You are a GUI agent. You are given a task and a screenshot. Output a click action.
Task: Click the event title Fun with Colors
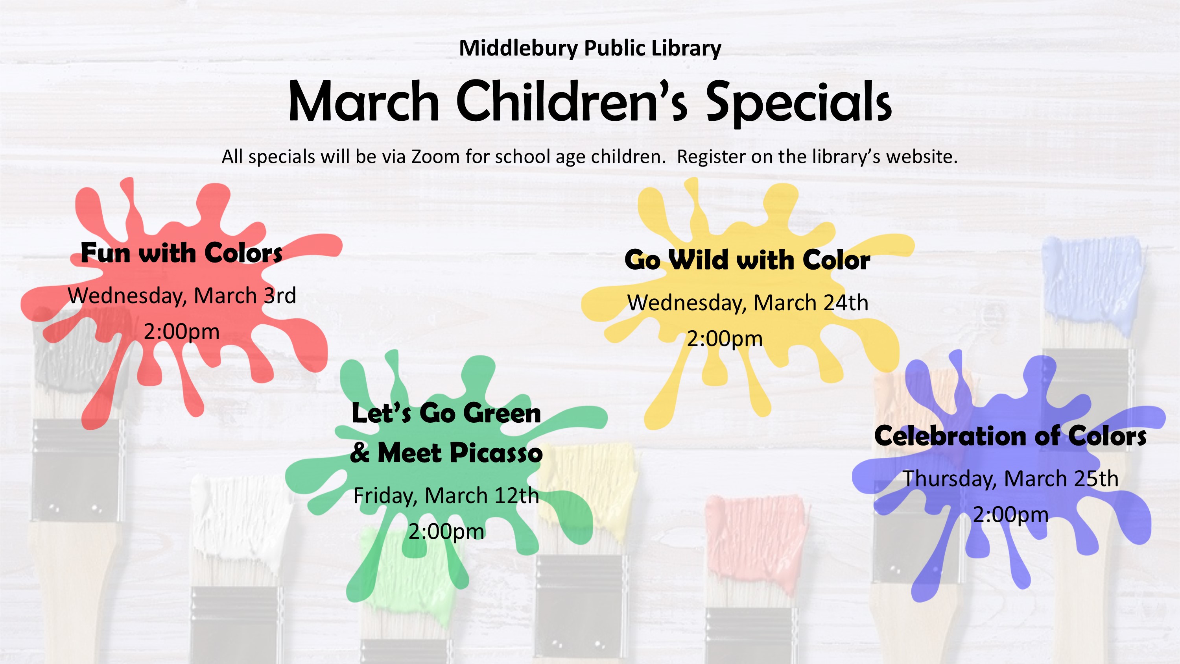tap(181, 253)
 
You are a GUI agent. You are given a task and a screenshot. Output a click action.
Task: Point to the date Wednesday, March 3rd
tap(182, 296)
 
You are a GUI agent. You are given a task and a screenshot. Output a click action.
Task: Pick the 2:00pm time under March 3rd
tap(182, 332)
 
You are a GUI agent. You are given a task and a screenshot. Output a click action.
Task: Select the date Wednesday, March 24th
tap(748, 303)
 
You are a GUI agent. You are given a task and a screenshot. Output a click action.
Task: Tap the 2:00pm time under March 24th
tap(725, 339)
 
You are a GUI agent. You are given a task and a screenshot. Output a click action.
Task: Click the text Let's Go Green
tap(446, 413)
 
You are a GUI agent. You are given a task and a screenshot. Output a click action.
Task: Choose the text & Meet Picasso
tap(446, 453)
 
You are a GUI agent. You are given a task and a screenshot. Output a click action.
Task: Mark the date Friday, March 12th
tap(446, 496)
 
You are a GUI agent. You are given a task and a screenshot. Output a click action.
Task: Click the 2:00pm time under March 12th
tap(446, 532)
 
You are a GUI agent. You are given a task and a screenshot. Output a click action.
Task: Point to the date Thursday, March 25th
tap(1010, 479)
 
